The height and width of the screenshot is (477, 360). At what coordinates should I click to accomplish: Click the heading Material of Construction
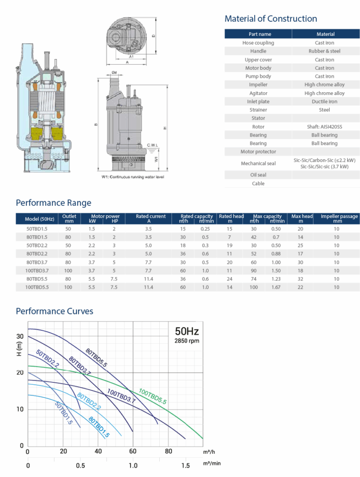point(271,19)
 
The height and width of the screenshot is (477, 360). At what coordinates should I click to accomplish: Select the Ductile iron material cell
point(325,102)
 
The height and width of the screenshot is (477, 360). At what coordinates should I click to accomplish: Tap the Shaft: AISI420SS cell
point(325,127)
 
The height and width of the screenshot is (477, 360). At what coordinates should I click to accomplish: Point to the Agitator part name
point(258,93)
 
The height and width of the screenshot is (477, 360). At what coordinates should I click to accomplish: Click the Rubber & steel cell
point(325,51)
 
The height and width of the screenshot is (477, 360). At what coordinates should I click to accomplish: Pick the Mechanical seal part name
point(258,164)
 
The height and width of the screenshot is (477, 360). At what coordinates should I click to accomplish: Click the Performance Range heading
point(54,203)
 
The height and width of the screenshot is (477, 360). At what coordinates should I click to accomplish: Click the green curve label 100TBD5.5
point(153,395)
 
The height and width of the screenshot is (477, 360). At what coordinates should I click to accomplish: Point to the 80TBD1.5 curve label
point(99,427)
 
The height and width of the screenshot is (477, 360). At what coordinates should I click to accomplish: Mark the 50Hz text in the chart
point(186,332)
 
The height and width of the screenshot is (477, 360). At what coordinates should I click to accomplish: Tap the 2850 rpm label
point(186,341)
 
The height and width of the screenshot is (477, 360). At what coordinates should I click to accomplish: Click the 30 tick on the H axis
point(20,336)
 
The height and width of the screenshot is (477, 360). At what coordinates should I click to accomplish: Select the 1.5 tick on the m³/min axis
point(186,465)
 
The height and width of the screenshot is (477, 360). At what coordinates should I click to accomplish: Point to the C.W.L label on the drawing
point(153,145)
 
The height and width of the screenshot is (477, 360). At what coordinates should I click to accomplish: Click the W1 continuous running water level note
point(133,177)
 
